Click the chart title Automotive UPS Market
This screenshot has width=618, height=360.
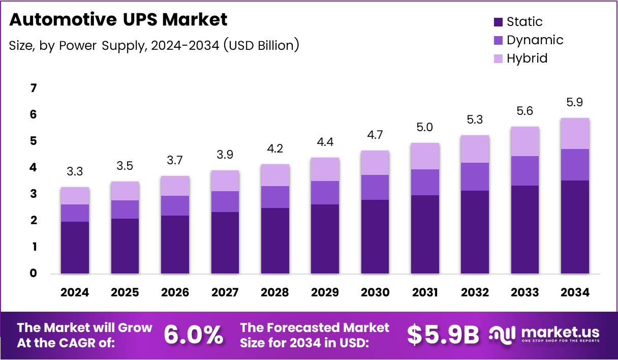tap(118, 20)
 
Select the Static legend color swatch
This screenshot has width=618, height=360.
tap(498, 22)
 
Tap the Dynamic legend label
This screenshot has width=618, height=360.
tap(535, 40)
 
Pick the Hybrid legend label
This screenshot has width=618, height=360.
tap(527, 58)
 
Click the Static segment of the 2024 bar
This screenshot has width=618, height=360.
tap(75, 248)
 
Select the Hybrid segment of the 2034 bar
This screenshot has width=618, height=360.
tap(575, 133)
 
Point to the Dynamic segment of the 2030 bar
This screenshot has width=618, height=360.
tap(375, 187)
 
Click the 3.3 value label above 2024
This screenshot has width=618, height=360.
tap(75, 172)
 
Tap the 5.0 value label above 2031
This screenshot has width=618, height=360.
tap(424, 127)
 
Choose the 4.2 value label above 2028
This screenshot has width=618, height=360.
tap(274, 149)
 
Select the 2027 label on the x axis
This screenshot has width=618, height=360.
tap(225, 292)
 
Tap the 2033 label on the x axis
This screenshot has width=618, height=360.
tap(525, 292)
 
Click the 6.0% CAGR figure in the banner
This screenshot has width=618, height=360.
tap(194, 335)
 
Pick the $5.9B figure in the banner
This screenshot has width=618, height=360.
tap(443, 335)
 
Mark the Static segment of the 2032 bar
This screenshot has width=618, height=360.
tap(475, 232)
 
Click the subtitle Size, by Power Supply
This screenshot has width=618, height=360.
tap(153, 45)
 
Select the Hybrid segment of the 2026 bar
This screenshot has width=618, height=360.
tap(175, 186)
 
